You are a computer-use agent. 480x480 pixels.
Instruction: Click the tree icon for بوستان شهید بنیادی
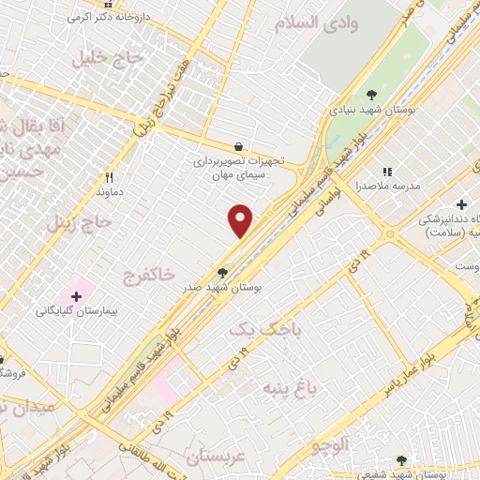[x=372, y=93]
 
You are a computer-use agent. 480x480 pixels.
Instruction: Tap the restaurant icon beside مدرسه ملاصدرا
[x=386, y=172]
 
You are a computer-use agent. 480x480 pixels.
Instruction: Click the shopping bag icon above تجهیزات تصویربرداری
[x=239, y=146]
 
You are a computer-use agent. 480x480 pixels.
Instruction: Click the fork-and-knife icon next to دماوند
[x=110, y=176]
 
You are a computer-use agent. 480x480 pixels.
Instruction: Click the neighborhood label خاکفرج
[x=148, y=275]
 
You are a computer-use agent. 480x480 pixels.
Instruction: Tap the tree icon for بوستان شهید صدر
[x=222, y=272]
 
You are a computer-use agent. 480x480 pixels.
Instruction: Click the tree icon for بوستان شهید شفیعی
[x=401, y=460]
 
